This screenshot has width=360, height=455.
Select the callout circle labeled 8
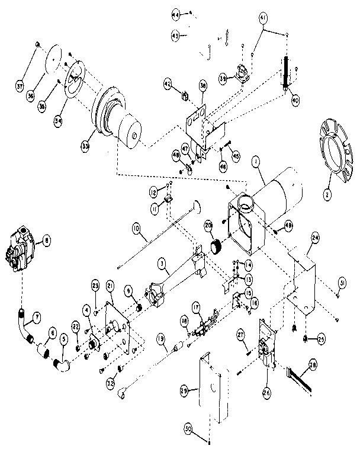point(46,240)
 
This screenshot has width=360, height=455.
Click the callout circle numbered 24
point(315,238)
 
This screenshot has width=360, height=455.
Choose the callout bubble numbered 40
point(295,101)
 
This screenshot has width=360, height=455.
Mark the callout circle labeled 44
point(175,14)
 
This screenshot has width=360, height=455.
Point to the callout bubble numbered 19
point(160,339)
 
